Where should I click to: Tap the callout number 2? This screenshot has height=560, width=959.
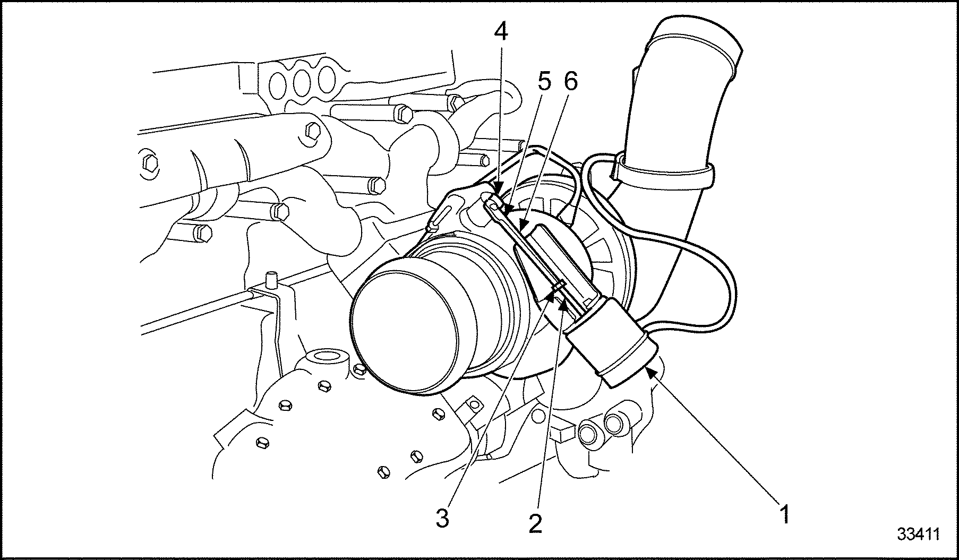[x=535, y=523]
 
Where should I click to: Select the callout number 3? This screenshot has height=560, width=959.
[x=442, y=518]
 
